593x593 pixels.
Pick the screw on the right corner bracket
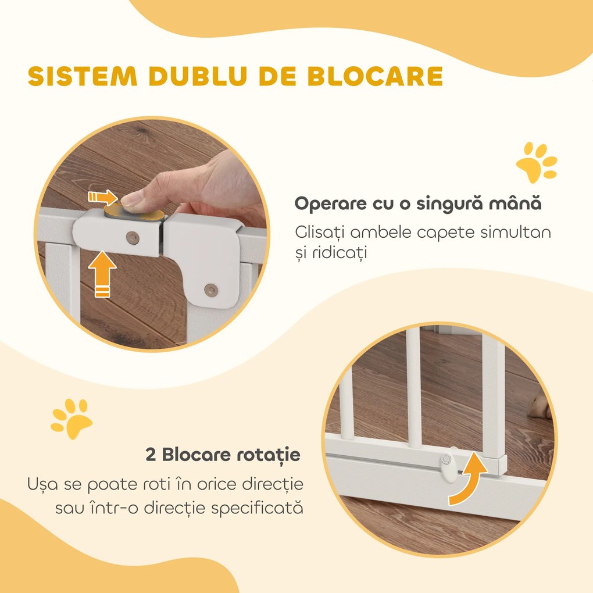(212, 288)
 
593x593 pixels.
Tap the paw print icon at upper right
(537, 162)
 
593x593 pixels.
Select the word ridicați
(333, 253)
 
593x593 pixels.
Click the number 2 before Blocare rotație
(151, 455)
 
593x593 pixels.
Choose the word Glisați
(322, 233)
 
